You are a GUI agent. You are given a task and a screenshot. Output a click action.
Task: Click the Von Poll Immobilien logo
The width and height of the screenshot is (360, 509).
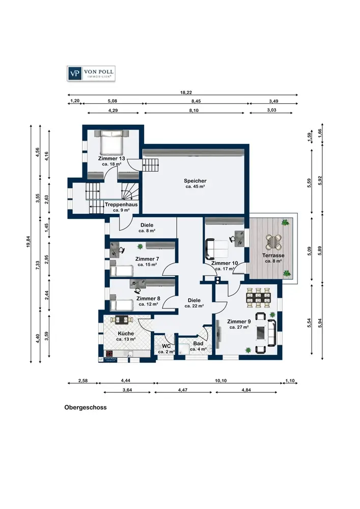tap(91, 73)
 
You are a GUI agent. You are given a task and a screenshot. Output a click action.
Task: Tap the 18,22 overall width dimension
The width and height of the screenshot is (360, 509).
tap(186, 93)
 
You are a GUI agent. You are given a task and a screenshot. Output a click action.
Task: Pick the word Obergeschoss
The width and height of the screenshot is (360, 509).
tap(86, 407)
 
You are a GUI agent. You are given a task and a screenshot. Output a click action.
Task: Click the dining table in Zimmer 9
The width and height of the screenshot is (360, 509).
tap(259, 297)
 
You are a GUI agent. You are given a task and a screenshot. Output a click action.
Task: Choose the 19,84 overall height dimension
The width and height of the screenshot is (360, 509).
tap(29, 241)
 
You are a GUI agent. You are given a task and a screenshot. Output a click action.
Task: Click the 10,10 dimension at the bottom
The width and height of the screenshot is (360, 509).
tap(221, 380)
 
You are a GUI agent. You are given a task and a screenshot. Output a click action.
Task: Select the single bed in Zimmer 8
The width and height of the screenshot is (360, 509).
tap(122, 304)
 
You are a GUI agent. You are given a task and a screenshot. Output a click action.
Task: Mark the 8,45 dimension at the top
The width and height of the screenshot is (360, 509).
tap(196, 101)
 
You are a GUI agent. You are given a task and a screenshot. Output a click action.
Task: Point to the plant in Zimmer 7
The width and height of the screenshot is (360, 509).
tap(140, 247)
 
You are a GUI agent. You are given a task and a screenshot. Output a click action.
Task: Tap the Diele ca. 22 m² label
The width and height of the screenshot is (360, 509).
tap(194, 303)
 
